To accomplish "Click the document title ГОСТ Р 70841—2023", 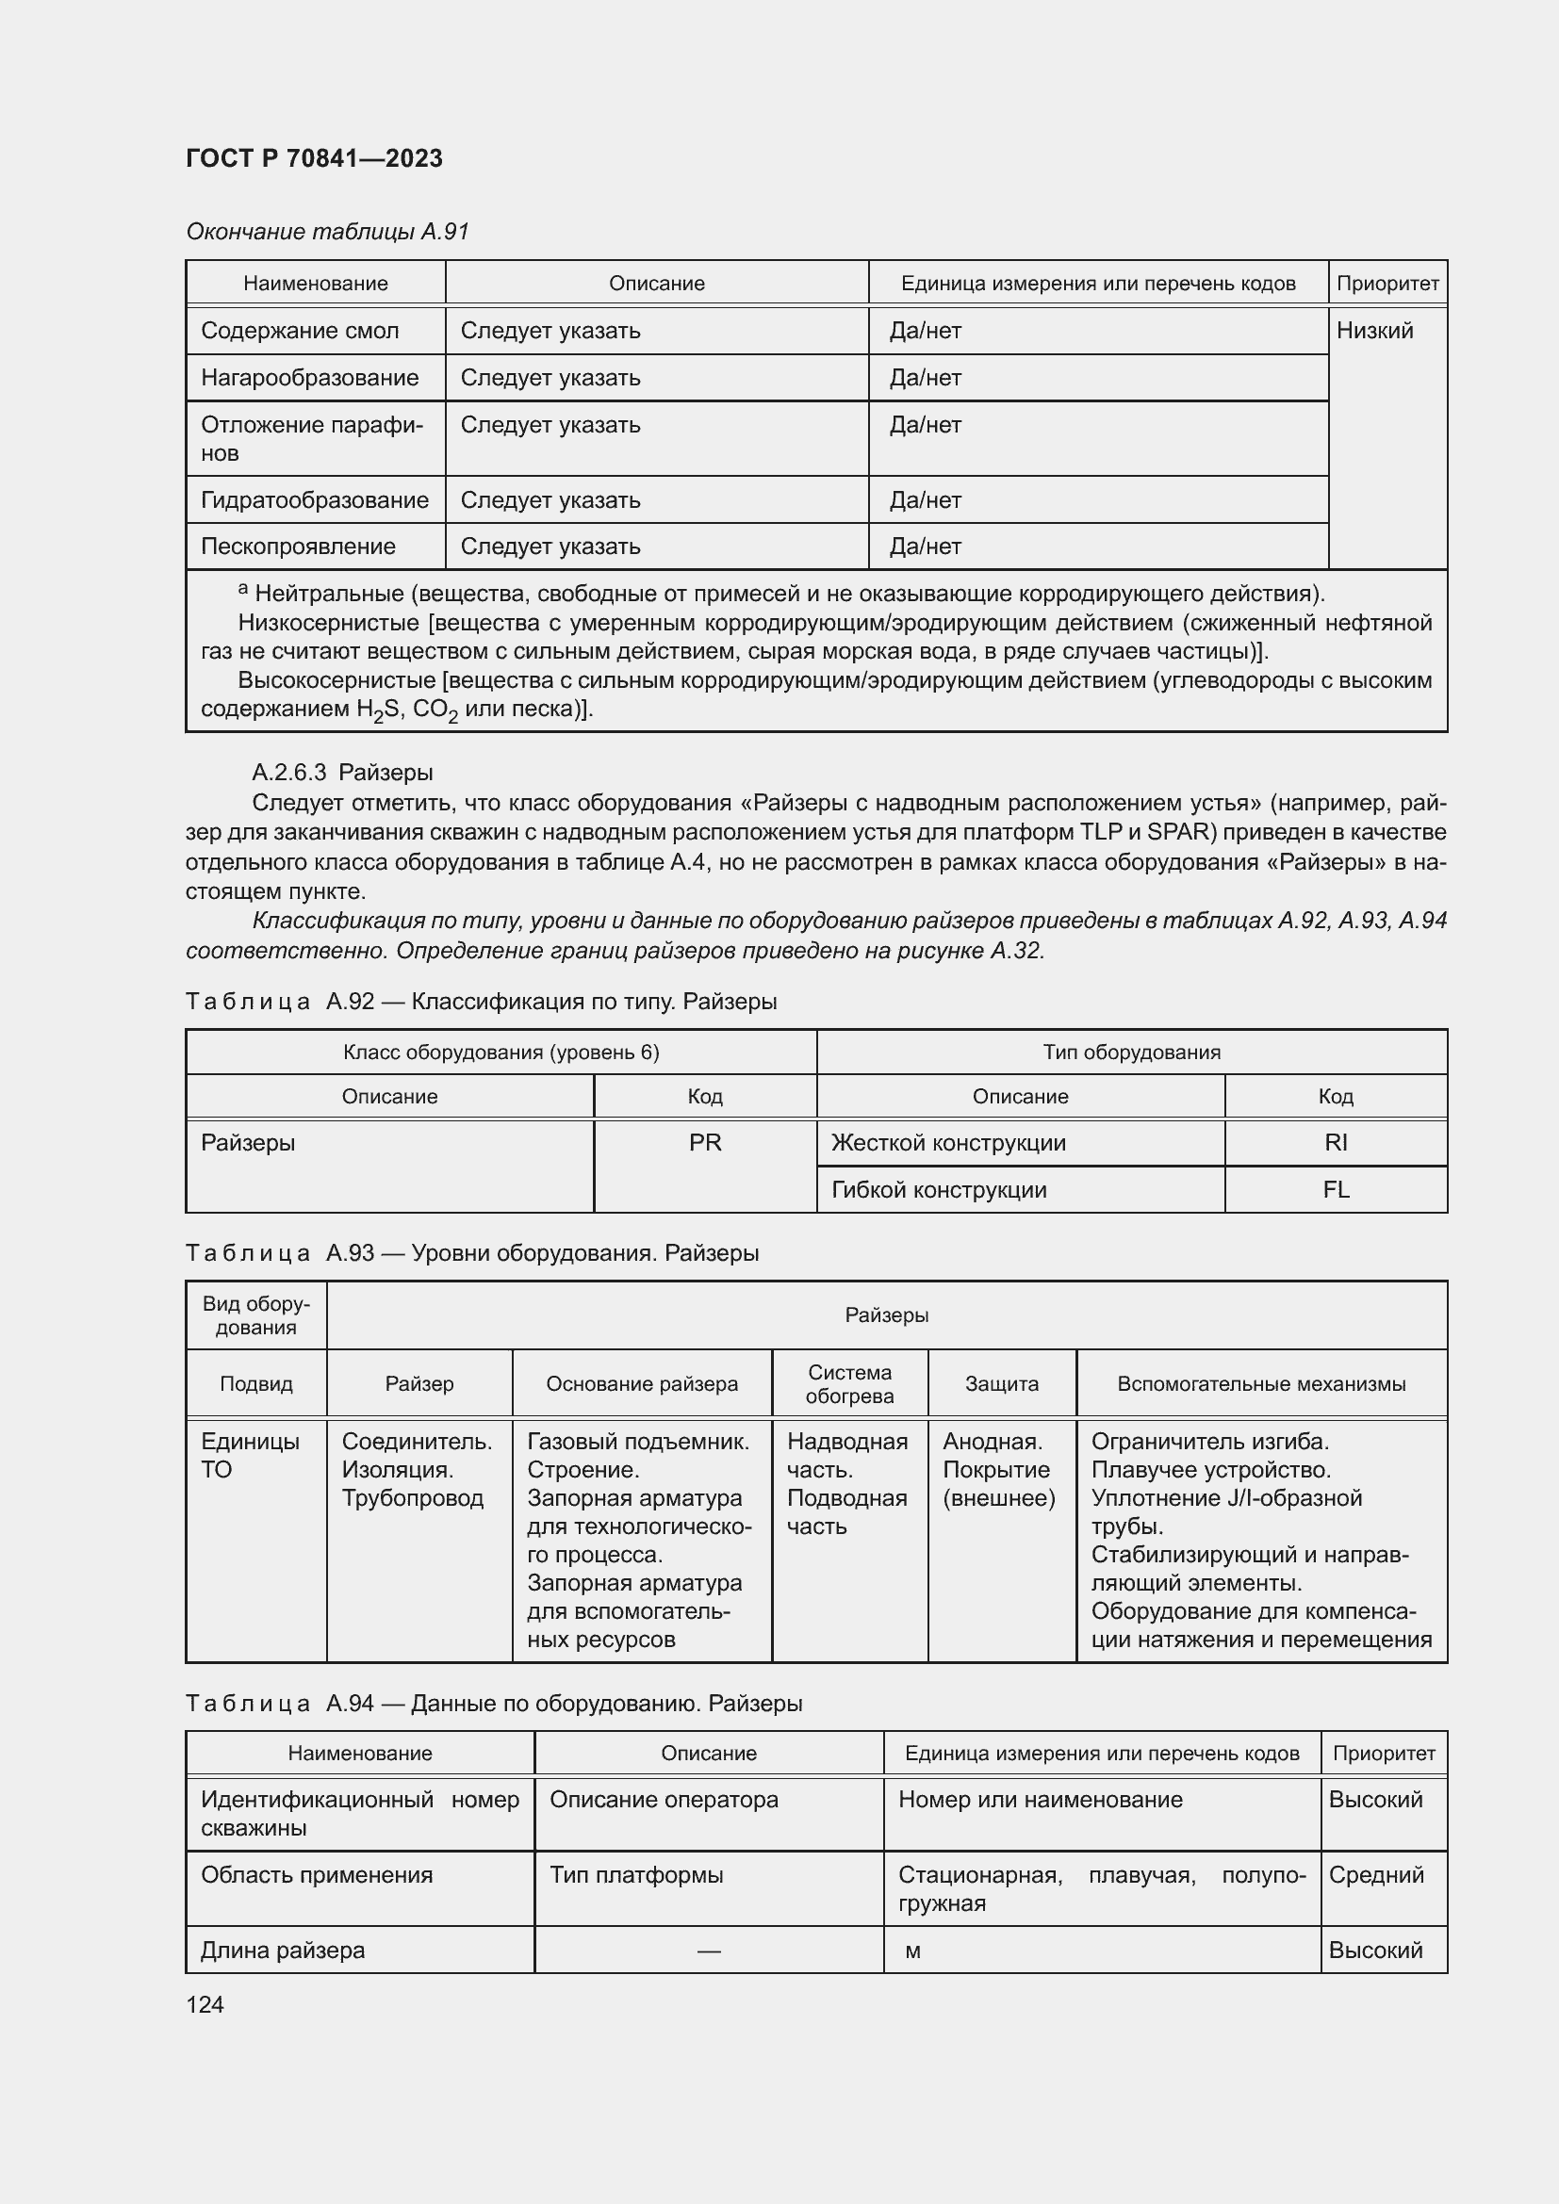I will [x=314, y=158].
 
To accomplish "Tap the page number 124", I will [x=205, y=2004].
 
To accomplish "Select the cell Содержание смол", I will [x=300, y=331].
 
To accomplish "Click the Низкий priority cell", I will [x=1374, y=331].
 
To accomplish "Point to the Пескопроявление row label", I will [x=298, y=547].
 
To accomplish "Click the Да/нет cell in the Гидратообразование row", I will [x=926, y=500].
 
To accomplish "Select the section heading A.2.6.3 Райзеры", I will [x=342, y=772].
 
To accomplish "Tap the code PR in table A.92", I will [x=705, y=1142].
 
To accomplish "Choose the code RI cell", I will [x=1336, y=1142].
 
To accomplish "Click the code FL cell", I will [x=1336, y=1189].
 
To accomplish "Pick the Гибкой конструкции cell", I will [x=938, y=1189].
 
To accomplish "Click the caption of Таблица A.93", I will [x=471, y=1252].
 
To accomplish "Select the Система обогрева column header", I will [x=848, y=1383].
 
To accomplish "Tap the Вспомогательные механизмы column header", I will [x=1260, y=1383].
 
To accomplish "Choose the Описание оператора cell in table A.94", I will [x=664, y=1799].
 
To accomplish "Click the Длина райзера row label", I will [x=282, y=1950].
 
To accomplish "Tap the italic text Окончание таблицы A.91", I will [x=327, y=232].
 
